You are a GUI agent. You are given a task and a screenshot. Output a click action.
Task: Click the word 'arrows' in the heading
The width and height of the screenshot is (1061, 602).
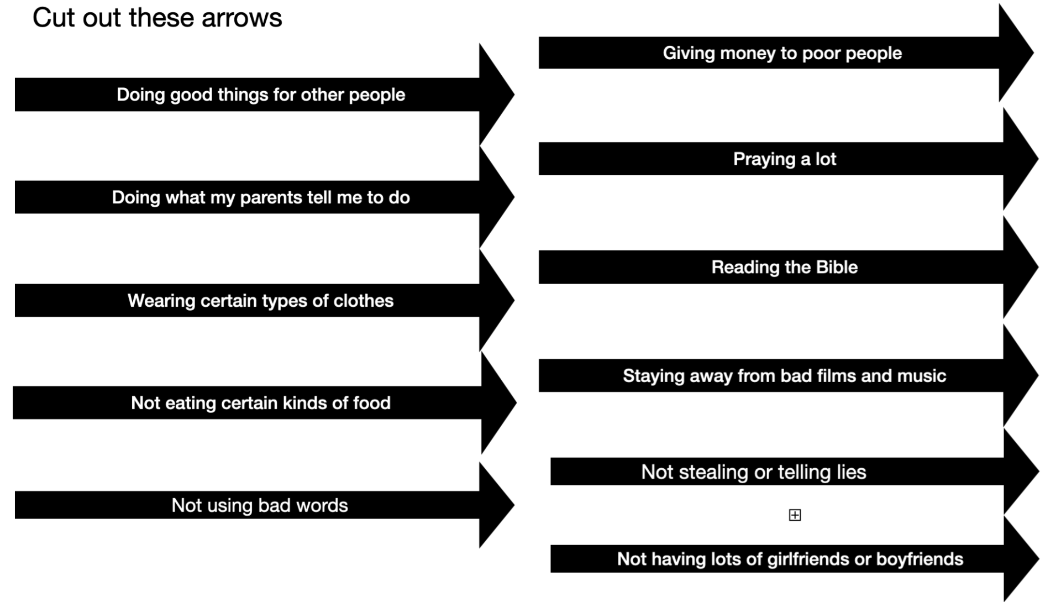(x=241, y=18)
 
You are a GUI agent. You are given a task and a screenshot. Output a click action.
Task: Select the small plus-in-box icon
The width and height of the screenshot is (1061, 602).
(x=795, y=515)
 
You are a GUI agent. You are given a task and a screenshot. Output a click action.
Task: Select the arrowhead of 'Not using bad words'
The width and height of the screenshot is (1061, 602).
(x=496, y=505)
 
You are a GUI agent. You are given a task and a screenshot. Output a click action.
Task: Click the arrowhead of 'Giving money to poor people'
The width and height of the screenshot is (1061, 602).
(x=1016, y=53)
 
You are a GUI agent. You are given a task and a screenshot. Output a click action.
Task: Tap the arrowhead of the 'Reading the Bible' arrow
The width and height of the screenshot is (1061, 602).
(x=1020, y=268)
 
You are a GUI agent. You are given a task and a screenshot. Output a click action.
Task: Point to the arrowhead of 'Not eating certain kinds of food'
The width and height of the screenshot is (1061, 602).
(x=498, y=403)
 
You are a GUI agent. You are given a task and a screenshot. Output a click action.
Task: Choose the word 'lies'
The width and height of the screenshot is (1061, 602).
(x=852, y=473)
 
